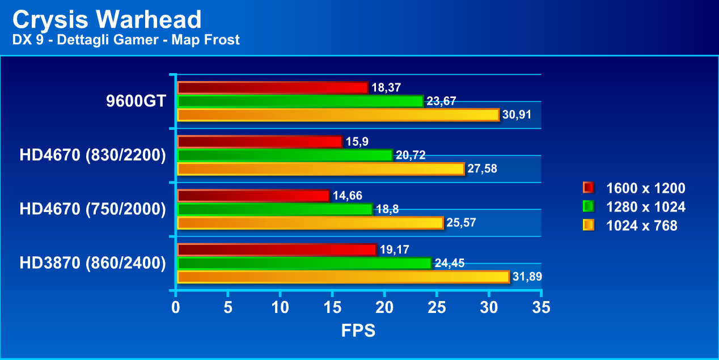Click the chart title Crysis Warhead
[x=107, y=20]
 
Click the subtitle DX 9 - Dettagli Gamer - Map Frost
[x=126, y=40]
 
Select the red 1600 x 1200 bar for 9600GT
[x=273, y=88]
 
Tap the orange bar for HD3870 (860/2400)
[x=343, y=277]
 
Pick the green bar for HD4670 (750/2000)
[x=275, y=209]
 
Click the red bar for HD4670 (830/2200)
[x=260, y=142]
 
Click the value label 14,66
[x=347, y=196]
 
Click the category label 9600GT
[x=136, y=101]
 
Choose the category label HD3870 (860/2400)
[x=92, y=263]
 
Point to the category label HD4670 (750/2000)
[x=92, y=209]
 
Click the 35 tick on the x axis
[x=542, y=307]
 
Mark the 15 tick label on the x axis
[x=332, y=307]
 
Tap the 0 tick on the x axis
[x=176, y=307]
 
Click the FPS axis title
[x=358, y=331]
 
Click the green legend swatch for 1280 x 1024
[x=589, y=207]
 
